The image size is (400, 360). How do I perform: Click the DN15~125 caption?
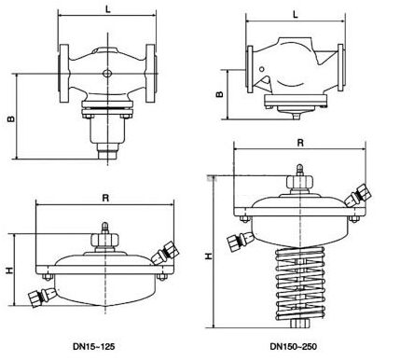pos(94,346)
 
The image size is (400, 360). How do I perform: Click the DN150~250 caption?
pos(294,346)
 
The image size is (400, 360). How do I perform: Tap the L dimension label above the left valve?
pos(107,9)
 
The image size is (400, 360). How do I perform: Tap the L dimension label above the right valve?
pos(296,14)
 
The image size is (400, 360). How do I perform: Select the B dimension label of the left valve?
pos(11,118)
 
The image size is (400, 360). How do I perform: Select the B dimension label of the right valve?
pos(220,94)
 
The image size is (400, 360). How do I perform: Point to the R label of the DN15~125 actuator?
pos(105,198)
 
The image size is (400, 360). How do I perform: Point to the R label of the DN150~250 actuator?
pos(300,143)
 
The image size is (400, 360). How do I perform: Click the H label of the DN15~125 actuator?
pos(10,270)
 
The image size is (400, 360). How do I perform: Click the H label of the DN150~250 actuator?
pos(209,256)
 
